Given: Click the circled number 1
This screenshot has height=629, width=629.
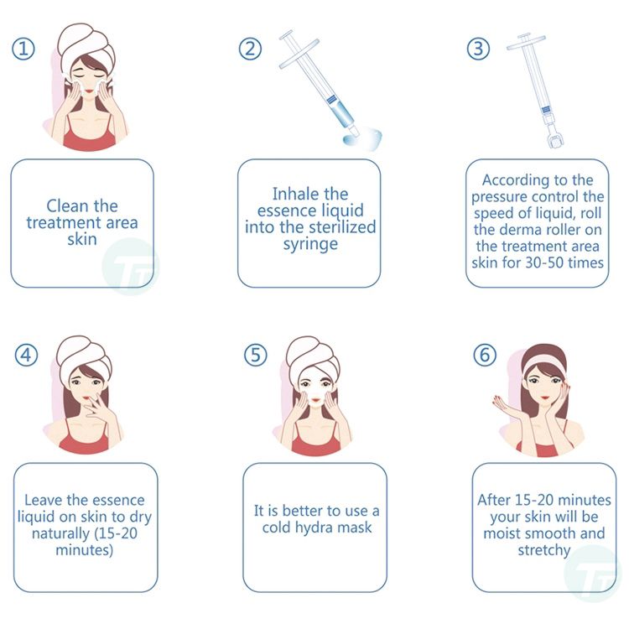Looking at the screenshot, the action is click(23, 49).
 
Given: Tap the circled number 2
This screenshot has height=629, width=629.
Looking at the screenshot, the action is click(250, 49).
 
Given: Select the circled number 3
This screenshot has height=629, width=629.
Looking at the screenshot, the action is click(478, 49).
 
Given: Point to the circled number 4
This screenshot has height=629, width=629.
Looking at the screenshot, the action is click(27, 355).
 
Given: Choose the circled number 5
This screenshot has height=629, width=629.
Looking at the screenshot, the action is click(256, 355).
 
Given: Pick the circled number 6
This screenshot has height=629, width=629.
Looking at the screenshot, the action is click(485, 355).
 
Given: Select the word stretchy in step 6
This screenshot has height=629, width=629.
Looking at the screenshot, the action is click(544, 550).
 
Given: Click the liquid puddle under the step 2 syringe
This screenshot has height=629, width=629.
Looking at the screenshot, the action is click(362, 138).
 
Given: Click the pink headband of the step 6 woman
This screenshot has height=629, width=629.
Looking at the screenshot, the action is click(544, 362).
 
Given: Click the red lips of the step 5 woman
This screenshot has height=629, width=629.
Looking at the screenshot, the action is click(315, 400).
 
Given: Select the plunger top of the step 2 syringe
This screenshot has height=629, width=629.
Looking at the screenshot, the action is click(286, 36).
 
